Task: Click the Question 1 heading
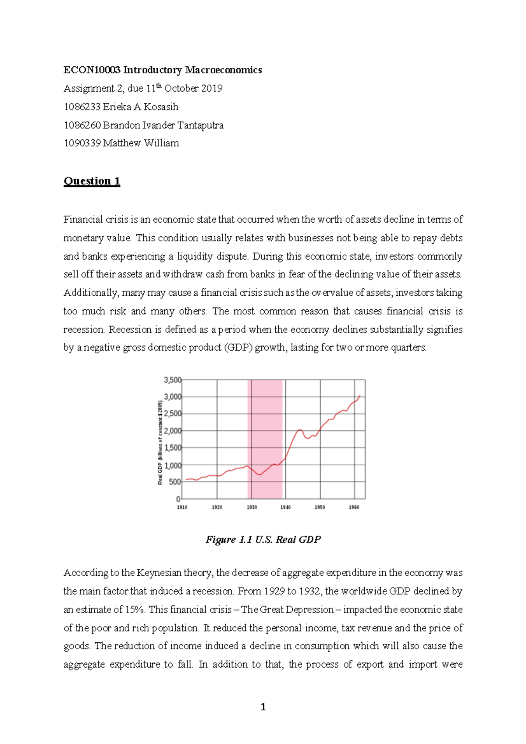tap(92, 181)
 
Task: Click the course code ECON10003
tap(92, 70)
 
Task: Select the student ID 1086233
tap(82, 107)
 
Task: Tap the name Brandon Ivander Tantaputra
tap(163, 125)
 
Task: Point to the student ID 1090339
tap(82, 143)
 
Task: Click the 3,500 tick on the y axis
tap(172, 380)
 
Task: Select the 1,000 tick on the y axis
tap(172, 465)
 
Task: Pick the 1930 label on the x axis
tap(252, 507)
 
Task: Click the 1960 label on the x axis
tap(354, 507)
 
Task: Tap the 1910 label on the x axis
tap(182, 507)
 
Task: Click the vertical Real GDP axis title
tap(160, 443)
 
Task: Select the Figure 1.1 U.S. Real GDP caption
tap(263, 539)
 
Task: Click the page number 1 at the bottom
tap(263, 707)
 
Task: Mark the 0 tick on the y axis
tap(178, 499)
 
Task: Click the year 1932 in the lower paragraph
tap(310, 591)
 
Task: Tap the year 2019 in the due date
tap(212, 89)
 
